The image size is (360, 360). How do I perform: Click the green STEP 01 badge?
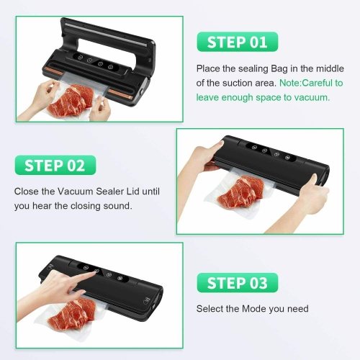(237, 41)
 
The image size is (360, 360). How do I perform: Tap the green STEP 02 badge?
(54, 166)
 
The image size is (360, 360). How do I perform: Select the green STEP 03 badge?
(237, 282)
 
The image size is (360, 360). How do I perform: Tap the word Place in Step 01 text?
(209, 70)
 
